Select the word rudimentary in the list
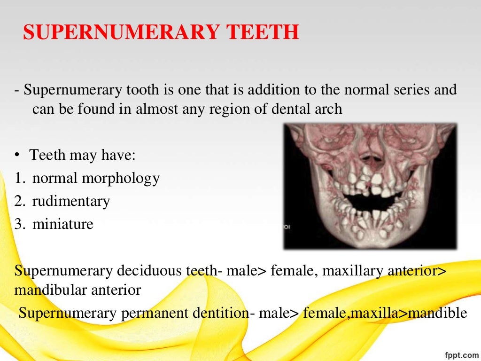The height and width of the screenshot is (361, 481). [71, 201]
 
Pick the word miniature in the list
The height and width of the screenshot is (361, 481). [63, 224]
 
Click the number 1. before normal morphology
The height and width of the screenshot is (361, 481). [19, 179]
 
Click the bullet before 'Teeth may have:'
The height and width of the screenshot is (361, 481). [17, 156]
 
